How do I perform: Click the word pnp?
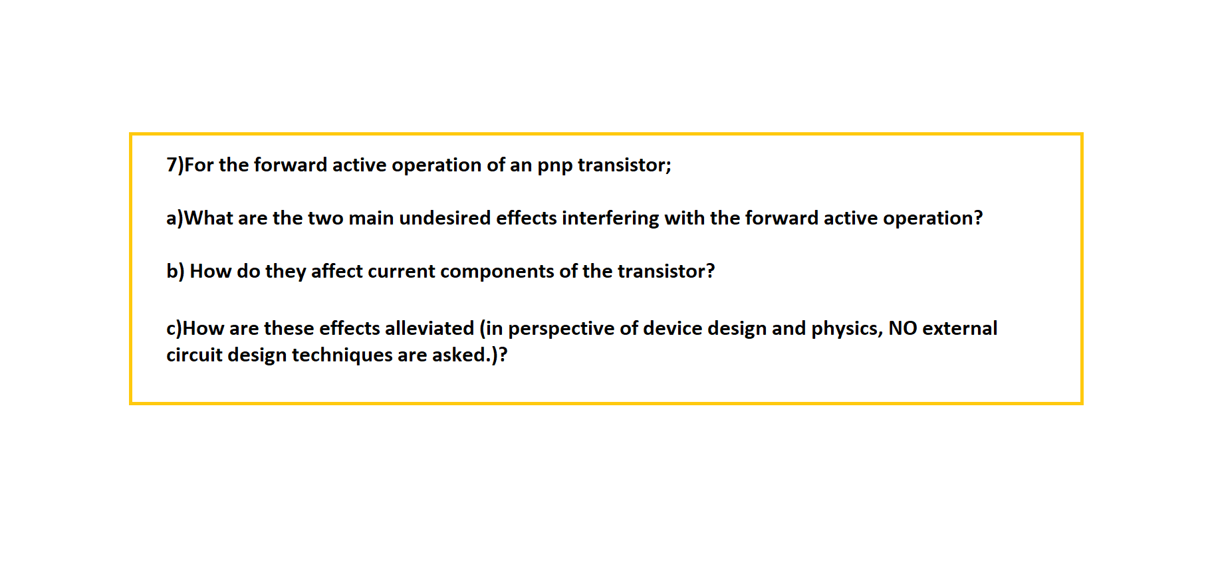[554, 165]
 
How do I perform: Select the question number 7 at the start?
[172, 165]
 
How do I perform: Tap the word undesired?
[445, 219]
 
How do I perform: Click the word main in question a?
[371, 219]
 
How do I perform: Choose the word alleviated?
[429, 329]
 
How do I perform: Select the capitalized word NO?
[902, 329]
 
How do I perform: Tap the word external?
[959, 329]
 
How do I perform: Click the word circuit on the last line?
[194, 355]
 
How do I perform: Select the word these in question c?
[289, 329]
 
